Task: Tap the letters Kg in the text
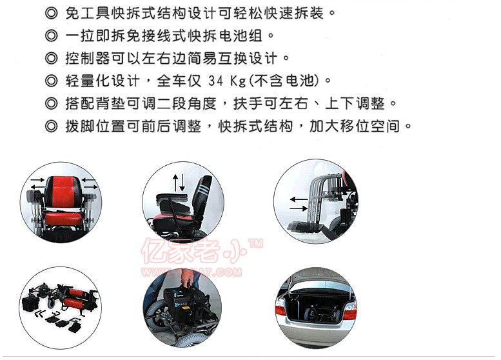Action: coord(238,81)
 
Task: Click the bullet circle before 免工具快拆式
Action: coord(52,14)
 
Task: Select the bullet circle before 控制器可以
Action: coord(52,59)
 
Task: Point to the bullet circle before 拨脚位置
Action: coord(52,126)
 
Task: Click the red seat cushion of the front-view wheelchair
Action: coord(63,219)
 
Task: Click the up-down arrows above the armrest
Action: coord(179,183)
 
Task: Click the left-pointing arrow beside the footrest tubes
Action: coord(299,199)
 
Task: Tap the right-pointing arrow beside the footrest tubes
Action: coord(299,209)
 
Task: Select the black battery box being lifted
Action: coord(182,302)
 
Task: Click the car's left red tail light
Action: coord(280,309)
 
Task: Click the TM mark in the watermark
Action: coord(256,244)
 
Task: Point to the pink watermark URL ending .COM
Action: coord(191,272)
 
